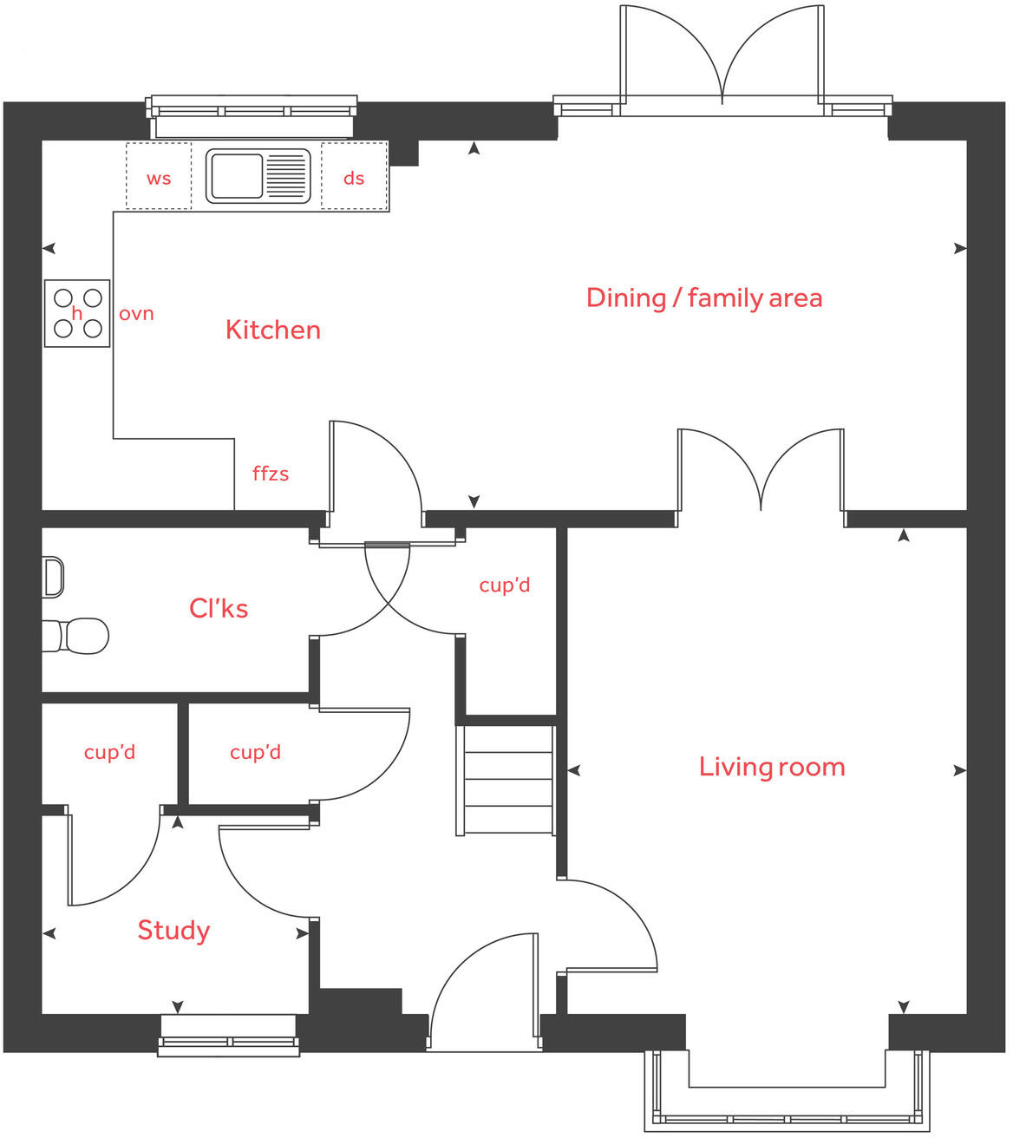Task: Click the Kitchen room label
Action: [x=272, y=330]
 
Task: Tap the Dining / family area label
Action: [x=703, y=298]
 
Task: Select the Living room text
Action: [x=771, y=767]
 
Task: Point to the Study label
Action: [x=173, y=931]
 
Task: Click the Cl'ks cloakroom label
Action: [x=219, y=608]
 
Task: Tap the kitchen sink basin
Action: [x=235, y=176]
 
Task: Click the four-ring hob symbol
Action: [x=77, y=313]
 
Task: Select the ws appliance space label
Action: [x=159, y=179]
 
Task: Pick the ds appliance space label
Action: [x=354, y=179]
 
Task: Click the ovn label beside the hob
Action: [x=136, y=314]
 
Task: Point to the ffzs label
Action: [x=271, y=474]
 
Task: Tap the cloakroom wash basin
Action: [x=53, y=578]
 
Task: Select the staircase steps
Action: [x=507, y=781]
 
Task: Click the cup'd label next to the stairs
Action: [x=504, y=585]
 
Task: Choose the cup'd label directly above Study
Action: [x=109, y=752]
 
